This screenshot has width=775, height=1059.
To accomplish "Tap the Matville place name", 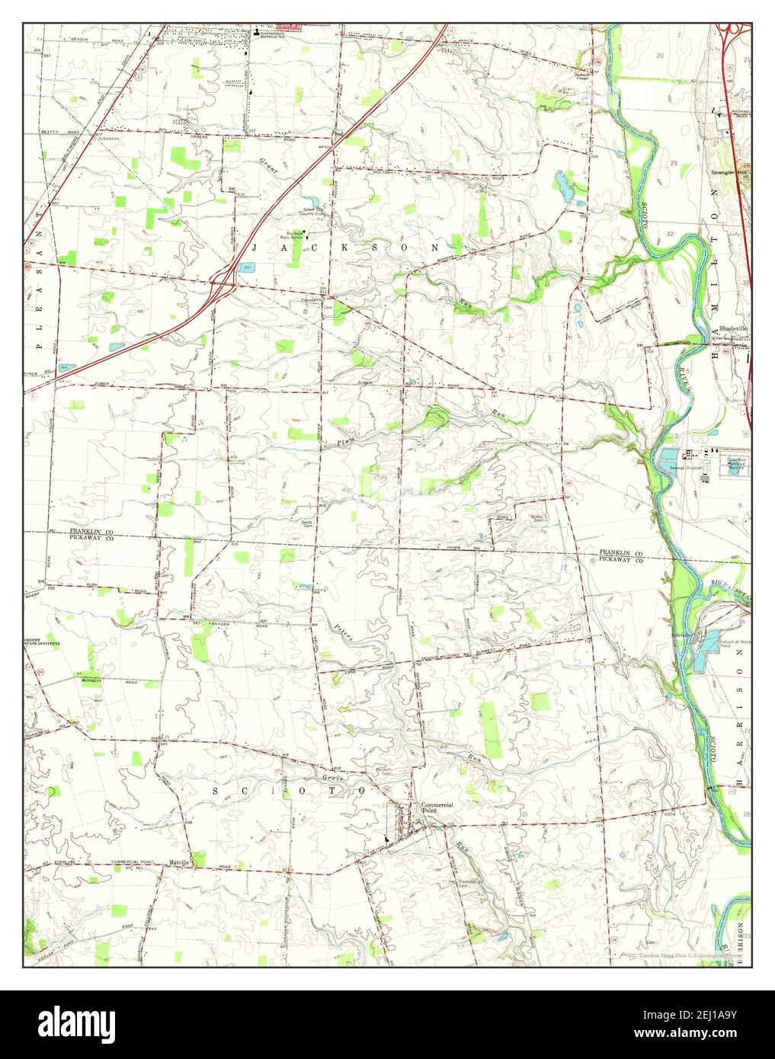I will point(180,862).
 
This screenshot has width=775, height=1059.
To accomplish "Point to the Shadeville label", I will point(734,328).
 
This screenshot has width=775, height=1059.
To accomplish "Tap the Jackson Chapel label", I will point(582,75).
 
